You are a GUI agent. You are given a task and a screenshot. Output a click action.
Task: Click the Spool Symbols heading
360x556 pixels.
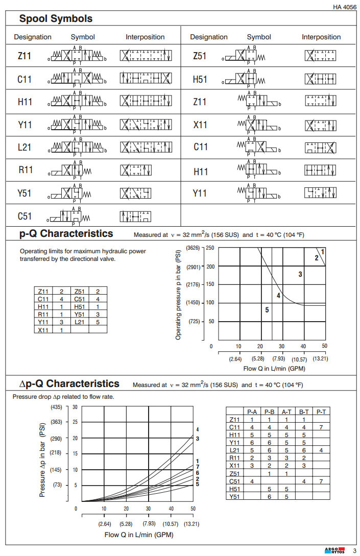(x=56, y=19)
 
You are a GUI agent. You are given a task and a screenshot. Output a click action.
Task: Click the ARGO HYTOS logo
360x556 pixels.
(x=335, y=550)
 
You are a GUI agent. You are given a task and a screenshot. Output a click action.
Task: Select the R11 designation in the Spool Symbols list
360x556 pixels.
(x=26, y=170)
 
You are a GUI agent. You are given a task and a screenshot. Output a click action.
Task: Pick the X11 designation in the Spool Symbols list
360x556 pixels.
(x=201, y=124)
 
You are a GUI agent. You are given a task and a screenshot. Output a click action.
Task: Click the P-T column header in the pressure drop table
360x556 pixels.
(x=321, y=411)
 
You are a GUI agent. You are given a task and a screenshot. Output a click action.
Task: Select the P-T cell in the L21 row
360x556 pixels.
(x=321, y=450)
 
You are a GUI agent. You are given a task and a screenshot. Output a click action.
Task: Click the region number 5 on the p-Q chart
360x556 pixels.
(x=267, y=309)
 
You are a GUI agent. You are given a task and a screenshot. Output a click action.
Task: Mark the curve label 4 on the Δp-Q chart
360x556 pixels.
(x=197, y=430)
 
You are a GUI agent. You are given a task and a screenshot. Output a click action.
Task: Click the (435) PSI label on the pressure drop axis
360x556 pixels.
(x=56, y=407)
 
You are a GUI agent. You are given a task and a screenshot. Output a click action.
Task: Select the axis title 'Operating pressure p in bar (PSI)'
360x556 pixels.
(x=178, y=294)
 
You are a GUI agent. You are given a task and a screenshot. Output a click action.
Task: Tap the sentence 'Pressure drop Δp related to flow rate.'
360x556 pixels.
(x=63, y=397)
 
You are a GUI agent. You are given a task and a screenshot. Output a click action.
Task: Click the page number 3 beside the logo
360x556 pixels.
(x=354, y=550)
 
